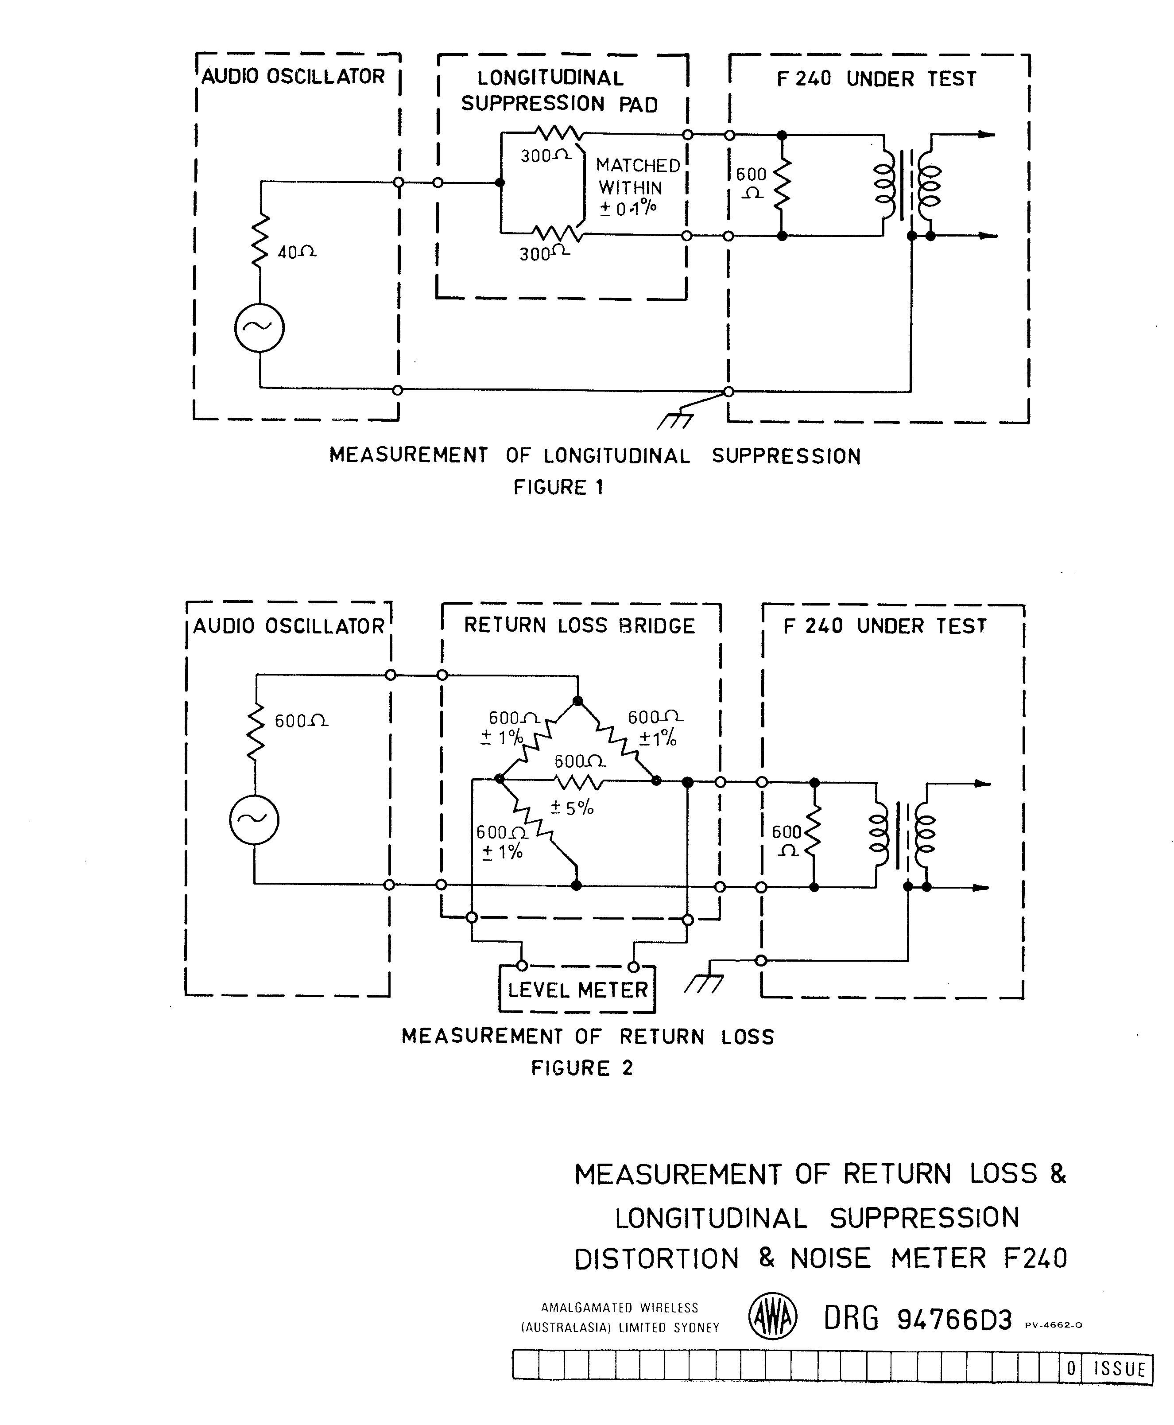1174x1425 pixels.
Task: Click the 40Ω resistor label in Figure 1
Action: (x=296, y=253)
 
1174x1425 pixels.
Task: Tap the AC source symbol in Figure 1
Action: (x=259, y=328)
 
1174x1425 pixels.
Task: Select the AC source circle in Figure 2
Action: (x=254, y=820)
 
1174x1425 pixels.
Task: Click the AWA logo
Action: (x=773, y=1319)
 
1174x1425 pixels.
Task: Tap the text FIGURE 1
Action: (x=558, y=487)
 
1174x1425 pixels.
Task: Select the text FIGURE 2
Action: (x=581, y=1068)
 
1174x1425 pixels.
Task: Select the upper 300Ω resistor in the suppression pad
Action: (x=558, y=132)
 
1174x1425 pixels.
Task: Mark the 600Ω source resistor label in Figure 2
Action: (x=301, y=721)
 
